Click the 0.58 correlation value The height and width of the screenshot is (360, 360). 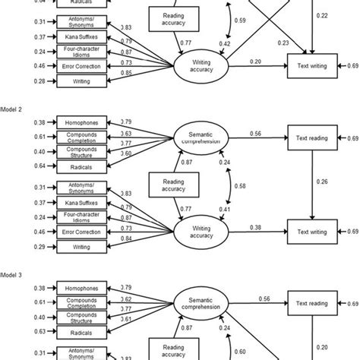[240, 185]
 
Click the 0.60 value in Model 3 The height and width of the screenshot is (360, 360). [240, 351]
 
